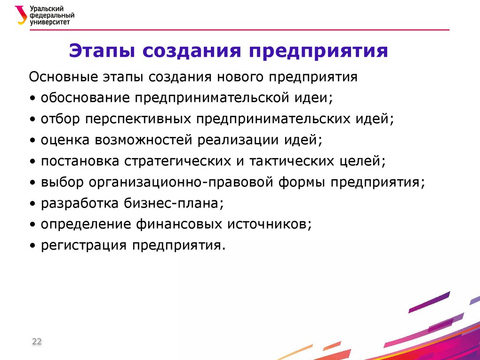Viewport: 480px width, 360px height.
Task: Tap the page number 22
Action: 37,342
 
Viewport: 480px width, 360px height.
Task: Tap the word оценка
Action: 65,140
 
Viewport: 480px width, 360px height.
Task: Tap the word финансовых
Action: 179,225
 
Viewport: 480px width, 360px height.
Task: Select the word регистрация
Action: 83,246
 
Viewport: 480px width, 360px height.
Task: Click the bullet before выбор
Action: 31,183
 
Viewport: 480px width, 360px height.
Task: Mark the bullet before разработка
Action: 31,204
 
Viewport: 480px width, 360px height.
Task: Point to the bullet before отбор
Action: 31,120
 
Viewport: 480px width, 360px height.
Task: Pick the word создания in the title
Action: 190,51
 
